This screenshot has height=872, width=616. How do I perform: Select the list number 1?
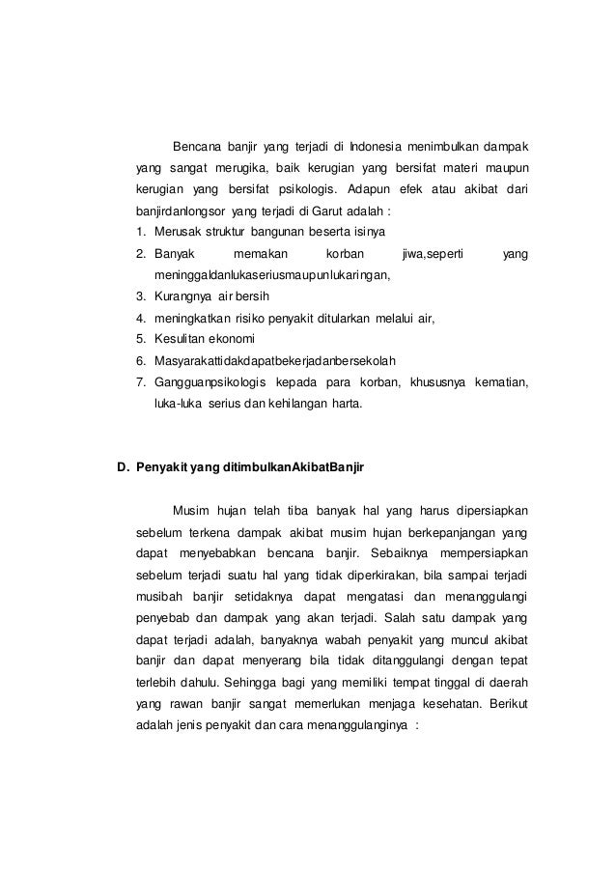click(141, 231)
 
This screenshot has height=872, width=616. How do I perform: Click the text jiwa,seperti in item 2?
click(432, 252)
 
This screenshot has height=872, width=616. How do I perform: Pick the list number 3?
click(141, 295)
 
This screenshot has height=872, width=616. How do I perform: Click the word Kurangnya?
click(183, 295)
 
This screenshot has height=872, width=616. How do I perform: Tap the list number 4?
click(141, 316)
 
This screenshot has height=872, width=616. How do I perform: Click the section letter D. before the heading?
click(123, 467)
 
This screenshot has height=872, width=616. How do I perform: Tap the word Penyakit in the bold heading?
click(161, 467)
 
